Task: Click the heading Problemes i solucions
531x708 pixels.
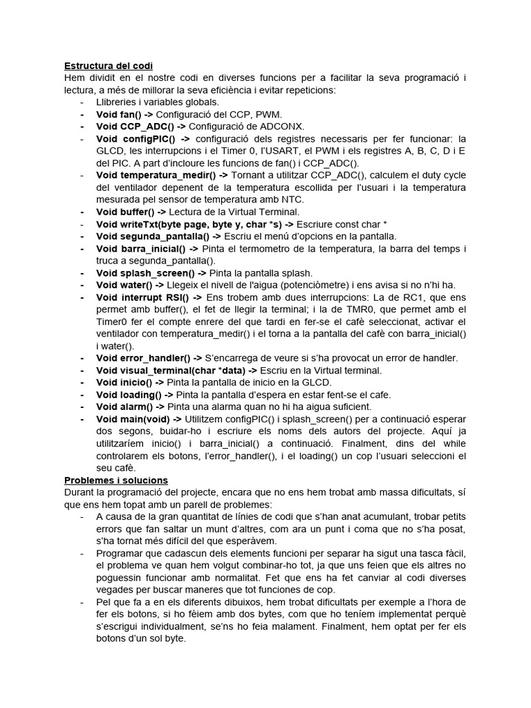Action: [116, 480]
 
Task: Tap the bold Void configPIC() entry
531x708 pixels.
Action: [136, 138]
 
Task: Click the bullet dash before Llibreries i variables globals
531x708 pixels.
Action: [83, 102]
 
